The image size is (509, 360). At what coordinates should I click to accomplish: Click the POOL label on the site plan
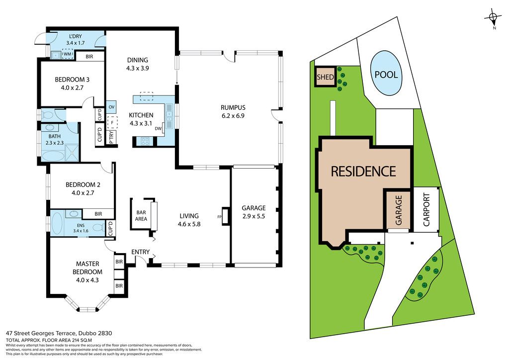pyautogui.click(x=386, y=75)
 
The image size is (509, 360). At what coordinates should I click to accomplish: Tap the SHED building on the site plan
pyautogui.click(x=325, y=77)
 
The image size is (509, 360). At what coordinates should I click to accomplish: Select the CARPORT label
pyautogui.click(x=426, y=210)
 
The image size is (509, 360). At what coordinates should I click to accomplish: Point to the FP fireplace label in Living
pyautogui.click(x=219, y=217)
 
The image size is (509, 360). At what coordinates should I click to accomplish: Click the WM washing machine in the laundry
pyautogui.click(x=68, y=54)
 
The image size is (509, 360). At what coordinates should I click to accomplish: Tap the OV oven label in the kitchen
pyautogui.click(x=111, y=107)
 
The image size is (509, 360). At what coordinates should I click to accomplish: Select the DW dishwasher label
pyautogui.click(x=158, y=129)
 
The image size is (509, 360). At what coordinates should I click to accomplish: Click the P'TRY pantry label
pyautogui.click(x=111, y=137)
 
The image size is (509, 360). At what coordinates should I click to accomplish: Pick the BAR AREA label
pyautogui.click(x=141, y=215)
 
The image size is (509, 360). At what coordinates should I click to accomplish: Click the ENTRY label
pyautogui.click(x=140, y=252)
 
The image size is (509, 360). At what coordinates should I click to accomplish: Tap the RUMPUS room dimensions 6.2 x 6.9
pyautogui.click(x=233, y=115)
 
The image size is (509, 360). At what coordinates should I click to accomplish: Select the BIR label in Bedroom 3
pyautogui.click(x=89, y=57)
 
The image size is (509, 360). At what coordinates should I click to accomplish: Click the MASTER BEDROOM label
pyautogui.click(x=87, y=268)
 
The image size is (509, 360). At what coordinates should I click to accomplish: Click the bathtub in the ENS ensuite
pyautogui.click(x=57, y=223)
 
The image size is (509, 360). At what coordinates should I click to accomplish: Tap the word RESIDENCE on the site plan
pyautogui.click(x=363, y=171)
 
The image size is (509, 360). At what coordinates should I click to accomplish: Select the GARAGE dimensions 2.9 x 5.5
pyautogui.click(x=254, y=216)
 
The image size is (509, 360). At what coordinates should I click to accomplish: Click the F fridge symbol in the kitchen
pyautogui.click(x=112, y=123)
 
